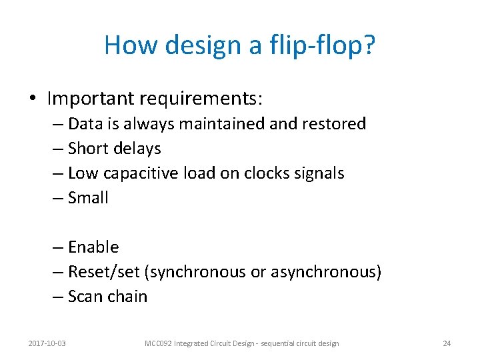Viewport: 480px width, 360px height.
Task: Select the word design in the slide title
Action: (x=195, y=45)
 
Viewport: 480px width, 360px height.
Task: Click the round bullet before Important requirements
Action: (x=33, y=99)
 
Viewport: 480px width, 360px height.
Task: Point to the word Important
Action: (x=91, y=99)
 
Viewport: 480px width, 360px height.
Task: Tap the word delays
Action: (x=137, y=149)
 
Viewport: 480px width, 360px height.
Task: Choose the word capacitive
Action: (x=133, y=173)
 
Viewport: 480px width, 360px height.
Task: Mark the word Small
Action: (x=88, y=198)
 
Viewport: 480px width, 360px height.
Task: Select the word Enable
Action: (x=93, y=247)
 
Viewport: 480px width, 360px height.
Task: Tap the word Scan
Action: (x=85, y=297)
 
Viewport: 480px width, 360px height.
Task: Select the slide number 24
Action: (x=447, y=343)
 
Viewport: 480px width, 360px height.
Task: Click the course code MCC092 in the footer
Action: (x=159, y=343)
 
